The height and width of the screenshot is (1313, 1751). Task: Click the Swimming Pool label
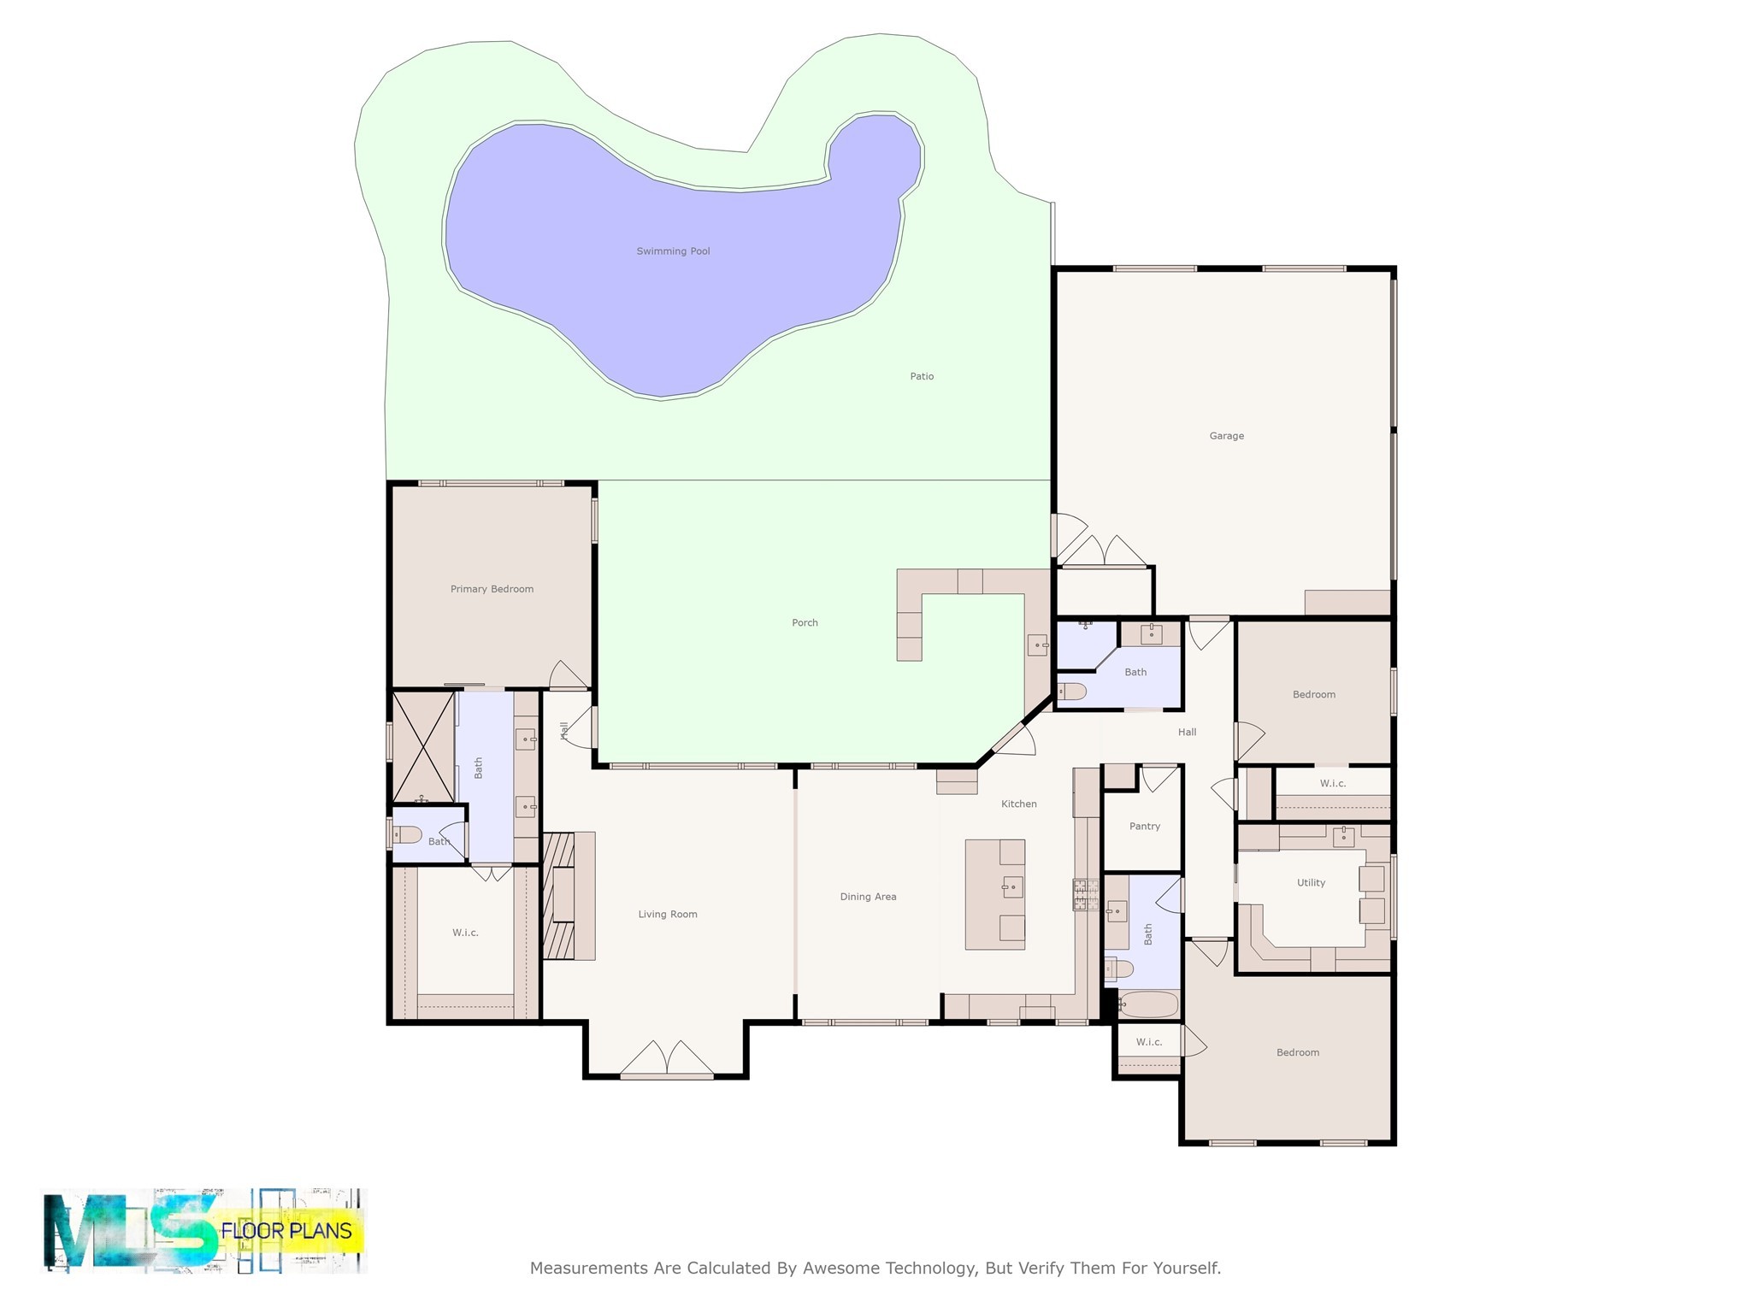673,251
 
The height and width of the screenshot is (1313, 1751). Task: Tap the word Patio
922,376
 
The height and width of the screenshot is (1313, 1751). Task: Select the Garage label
1226,436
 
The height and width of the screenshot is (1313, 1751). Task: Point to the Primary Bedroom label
492,589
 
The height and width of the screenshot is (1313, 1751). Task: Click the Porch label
805,623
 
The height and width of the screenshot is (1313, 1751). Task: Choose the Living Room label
668,915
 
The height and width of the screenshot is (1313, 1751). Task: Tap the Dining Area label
868,897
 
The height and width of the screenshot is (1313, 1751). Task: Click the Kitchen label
1018,804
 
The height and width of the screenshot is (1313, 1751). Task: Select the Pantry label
1145,827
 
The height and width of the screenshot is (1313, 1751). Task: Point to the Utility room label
1311,883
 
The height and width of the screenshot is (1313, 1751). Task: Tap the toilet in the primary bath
407,834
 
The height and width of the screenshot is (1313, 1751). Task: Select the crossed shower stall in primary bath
423,747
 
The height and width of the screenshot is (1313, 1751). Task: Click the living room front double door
667,1060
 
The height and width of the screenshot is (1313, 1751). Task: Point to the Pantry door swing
1159,777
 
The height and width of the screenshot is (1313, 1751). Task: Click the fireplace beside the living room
560,895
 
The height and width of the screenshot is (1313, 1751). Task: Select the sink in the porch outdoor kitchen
1037,644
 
